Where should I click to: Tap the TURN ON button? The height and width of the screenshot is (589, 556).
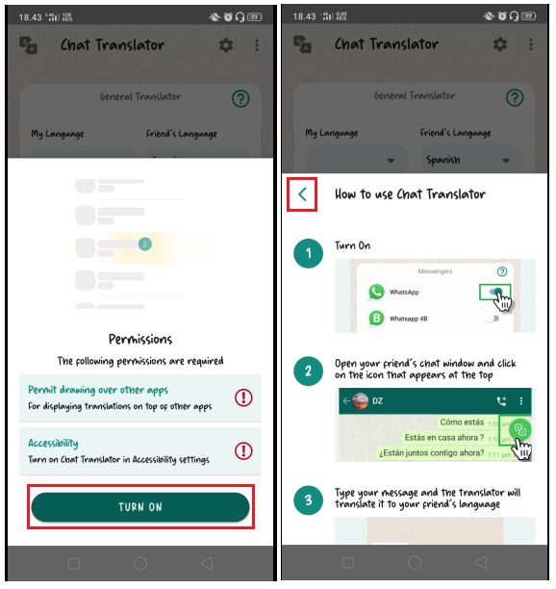tap(140, 507)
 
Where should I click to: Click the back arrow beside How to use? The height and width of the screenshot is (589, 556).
tap(303, 194)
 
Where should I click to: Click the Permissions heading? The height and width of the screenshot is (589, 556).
tap(140, 340)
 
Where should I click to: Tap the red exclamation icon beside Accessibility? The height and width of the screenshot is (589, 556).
tap(243, 449)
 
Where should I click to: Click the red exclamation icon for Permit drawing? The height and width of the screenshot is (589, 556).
tap(243, 397)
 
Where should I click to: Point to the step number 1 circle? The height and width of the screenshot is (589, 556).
tap(309, 255)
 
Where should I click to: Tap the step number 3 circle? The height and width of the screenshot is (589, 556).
tap(309, 499)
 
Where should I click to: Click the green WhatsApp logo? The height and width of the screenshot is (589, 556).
tap(377, 292)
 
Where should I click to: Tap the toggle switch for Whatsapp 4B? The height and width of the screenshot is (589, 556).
tap(493, 319)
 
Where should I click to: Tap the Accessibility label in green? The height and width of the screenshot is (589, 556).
tap(54, 443)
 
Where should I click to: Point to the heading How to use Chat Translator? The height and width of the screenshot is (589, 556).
tap(410, 194)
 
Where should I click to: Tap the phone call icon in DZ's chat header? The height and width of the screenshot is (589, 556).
tap(501, 400)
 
